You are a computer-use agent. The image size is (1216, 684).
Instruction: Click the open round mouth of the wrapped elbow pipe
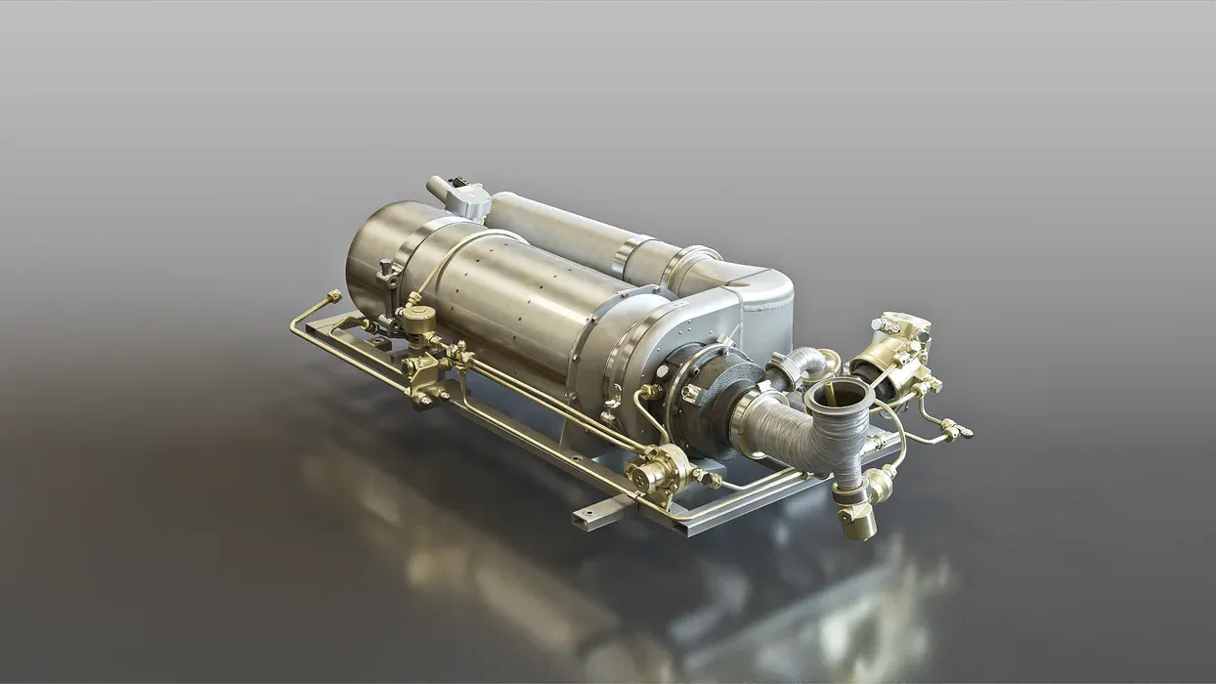pos(838,395)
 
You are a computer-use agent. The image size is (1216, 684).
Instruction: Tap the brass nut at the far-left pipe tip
pos(334,295)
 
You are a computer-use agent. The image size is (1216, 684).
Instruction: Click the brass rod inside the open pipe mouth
pos(832,397)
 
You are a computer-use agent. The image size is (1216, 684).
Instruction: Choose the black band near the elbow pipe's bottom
pos(848,493)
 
